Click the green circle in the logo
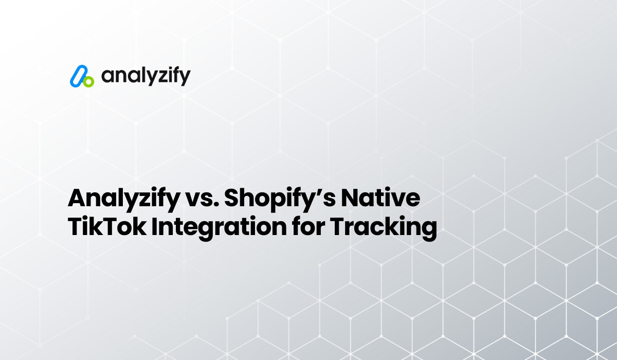[x=88, y=81]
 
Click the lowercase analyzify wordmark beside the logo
[x=146, y=76]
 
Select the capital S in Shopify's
[x=232, y=198]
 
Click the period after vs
[x=212, y=205]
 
